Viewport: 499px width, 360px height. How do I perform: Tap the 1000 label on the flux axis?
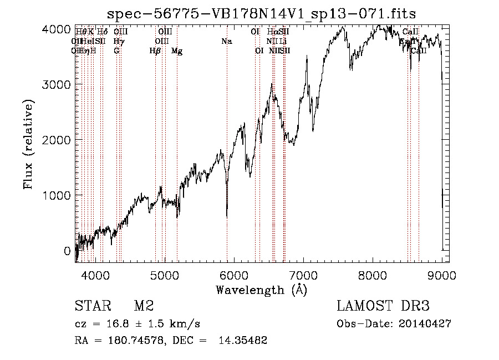[58, 195]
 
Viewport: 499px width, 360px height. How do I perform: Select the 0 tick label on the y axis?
[67, 251]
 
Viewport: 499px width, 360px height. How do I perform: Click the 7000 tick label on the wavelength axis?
[304, 274]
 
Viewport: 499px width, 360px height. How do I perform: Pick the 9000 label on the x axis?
[442, 274]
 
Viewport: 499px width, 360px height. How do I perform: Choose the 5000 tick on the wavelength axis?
[165, 274]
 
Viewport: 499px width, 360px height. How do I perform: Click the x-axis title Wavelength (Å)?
[261, 290]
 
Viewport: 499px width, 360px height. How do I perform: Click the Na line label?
[226, 42]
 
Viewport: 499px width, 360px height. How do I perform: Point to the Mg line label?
[177, 51]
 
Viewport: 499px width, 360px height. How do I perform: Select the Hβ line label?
[155, 51]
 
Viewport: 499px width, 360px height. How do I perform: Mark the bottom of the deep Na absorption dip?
[227, 216]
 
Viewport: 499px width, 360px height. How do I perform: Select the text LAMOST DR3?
[383, 306]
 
